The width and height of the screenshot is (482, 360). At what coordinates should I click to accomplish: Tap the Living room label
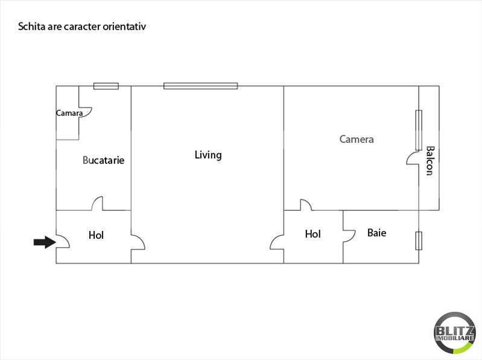tap(208, 155)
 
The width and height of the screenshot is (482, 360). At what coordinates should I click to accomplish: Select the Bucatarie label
tap(103, 160)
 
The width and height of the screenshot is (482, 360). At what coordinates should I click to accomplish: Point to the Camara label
tap(69, 113)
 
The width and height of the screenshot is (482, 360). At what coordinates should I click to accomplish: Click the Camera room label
tap(357, 139)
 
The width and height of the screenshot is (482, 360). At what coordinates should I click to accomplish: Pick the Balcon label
tap(429, 160)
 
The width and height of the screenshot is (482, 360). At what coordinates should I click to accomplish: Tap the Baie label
tap(376, 233)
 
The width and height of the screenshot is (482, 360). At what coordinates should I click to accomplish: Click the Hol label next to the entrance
tap(96, 235)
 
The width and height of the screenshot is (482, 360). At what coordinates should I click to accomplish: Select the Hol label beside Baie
tap(312, 234)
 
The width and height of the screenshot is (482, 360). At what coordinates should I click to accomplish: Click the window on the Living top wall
tap(200, 86)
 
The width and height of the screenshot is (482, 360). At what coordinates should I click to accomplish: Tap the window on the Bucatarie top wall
tap(106, 86)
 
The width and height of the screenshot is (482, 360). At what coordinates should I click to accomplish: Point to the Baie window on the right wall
tap(419, 240)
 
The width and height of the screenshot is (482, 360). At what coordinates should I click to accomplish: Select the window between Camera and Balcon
tap(418, 130)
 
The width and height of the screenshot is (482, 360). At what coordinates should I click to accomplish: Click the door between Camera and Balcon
tap(414, 159)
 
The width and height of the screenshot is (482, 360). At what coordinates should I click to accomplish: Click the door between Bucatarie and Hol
tap(97, 204)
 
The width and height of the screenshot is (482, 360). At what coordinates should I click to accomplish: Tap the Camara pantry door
tap(85, 112)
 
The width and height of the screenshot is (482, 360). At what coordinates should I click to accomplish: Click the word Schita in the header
tap(30, 27)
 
